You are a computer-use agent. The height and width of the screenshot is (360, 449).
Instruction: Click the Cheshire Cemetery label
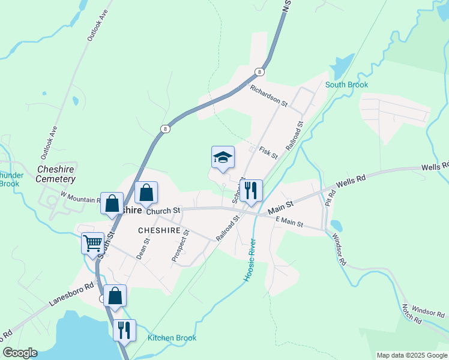click(x=56, y=174)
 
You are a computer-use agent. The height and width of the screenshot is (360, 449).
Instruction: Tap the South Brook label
click(x=346, y=85)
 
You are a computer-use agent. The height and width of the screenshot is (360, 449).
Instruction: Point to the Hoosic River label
click(x=250, y=260)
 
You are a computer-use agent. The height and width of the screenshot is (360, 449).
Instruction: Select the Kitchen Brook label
click(x=172, y=338)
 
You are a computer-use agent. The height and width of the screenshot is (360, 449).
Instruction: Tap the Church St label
click(x=163, y=211)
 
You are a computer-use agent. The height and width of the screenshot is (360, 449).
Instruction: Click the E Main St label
click(x=290, y=223)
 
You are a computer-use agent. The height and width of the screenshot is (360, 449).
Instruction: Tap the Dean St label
click(x=142, y=248)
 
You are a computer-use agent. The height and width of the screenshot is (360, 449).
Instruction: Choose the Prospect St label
click(x=180, y=245)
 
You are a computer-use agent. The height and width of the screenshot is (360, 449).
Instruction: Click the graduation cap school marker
click(x=223, y=157)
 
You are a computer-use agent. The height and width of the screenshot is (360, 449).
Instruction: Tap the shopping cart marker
click(x=92, y=244)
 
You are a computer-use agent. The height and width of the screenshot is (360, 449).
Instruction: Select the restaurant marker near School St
click(x=251, y=191)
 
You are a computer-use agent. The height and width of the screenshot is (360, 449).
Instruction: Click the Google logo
click(x=19, y=353)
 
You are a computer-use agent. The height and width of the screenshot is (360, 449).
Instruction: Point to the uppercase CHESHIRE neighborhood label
click(x=159, y=230)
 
